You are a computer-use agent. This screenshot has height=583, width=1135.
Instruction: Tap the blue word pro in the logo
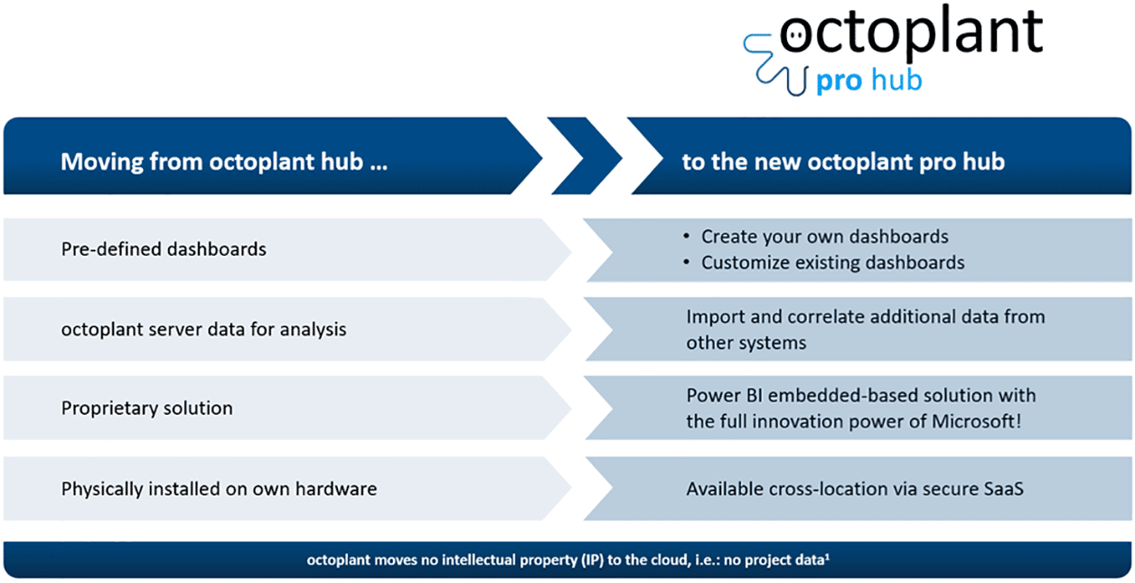tap(840, 81)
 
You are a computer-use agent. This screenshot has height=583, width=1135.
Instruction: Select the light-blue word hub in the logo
tap(896, 80)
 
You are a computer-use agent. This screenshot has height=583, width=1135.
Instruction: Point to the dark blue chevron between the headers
tap(586, 155)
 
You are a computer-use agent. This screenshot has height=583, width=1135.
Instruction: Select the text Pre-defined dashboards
tap(164, 249)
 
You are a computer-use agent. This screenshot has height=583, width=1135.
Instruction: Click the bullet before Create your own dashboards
tap(687, 236)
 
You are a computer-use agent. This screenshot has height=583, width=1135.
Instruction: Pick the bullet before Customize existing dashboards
tap(687, 261)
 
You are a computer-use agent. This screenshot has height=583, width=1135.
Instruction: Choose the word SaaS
tap(1003, 489)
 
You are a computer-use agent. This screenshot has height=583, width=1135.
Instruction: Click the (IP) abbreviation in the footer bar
tap(592, 560)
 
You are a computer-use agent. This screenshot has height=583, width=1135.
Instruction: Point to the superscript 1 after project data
tap(828, 557)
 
